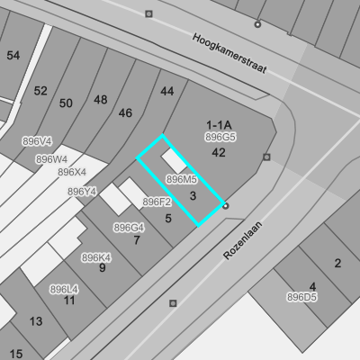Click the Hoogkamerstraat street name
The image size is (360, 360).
click(229, 54)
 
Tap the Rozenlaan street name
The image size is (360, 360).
click(243, 240)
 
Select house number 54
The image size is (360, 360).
click(13, 56)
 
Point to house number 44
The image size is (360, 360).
click(167, 91)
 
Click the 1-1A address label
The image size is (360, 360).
click(219, 125)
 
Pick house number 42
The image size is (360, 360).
click(219, 153)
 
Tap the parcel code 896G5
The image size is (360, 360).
click(220, 137)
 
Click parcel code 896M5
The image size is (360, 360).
click(182, 179)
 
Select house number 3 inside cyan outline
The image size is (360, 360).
click(193, 196)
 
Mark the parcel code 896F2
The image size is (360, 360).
click(157, 202)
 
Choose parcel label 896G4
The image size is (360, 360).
click(129, 228)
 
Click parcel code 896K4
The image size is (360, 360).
click(96, 257)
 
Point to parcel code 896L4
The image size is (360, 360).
click(64, 290)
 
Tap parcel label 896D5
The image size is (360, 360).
click(301, 297)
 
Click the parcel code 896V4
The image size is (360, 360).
click(37, 141)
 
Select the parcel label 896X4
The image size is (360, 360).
click(72, 172)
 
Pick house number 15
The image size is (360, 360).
click(16, 354)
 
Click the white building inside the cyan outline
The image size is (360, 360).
click(175, 161)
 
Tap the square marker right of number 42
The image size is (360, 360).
click(266, 157)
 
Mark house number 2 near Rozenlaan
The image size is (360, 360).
click(337, 263)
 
